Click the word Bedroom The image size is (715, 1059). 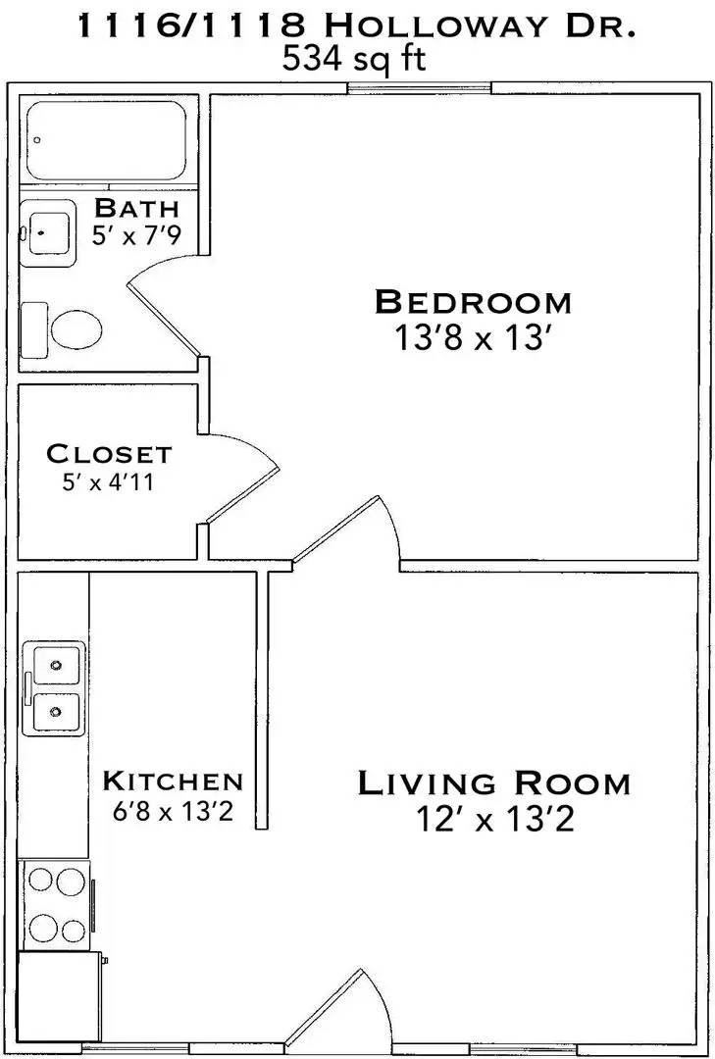pyautogui.click(x=472, y=301)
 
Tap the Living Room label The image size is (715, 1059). pyautogui.click(x=493, y=783)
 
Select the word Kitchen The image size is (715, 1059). pyautogui.click(x=173, y=782)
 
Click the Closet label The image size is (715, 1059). pyautogui.click(x=109, y=455)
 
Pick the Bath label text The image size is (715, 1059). pyautogui.click(x=136, y=208)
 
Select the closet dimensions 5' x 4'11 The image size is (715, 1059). pyautogui.click(x=109, y=482)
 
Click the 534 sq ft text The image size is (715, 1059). pyautogui.click(x=354, y=60)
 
